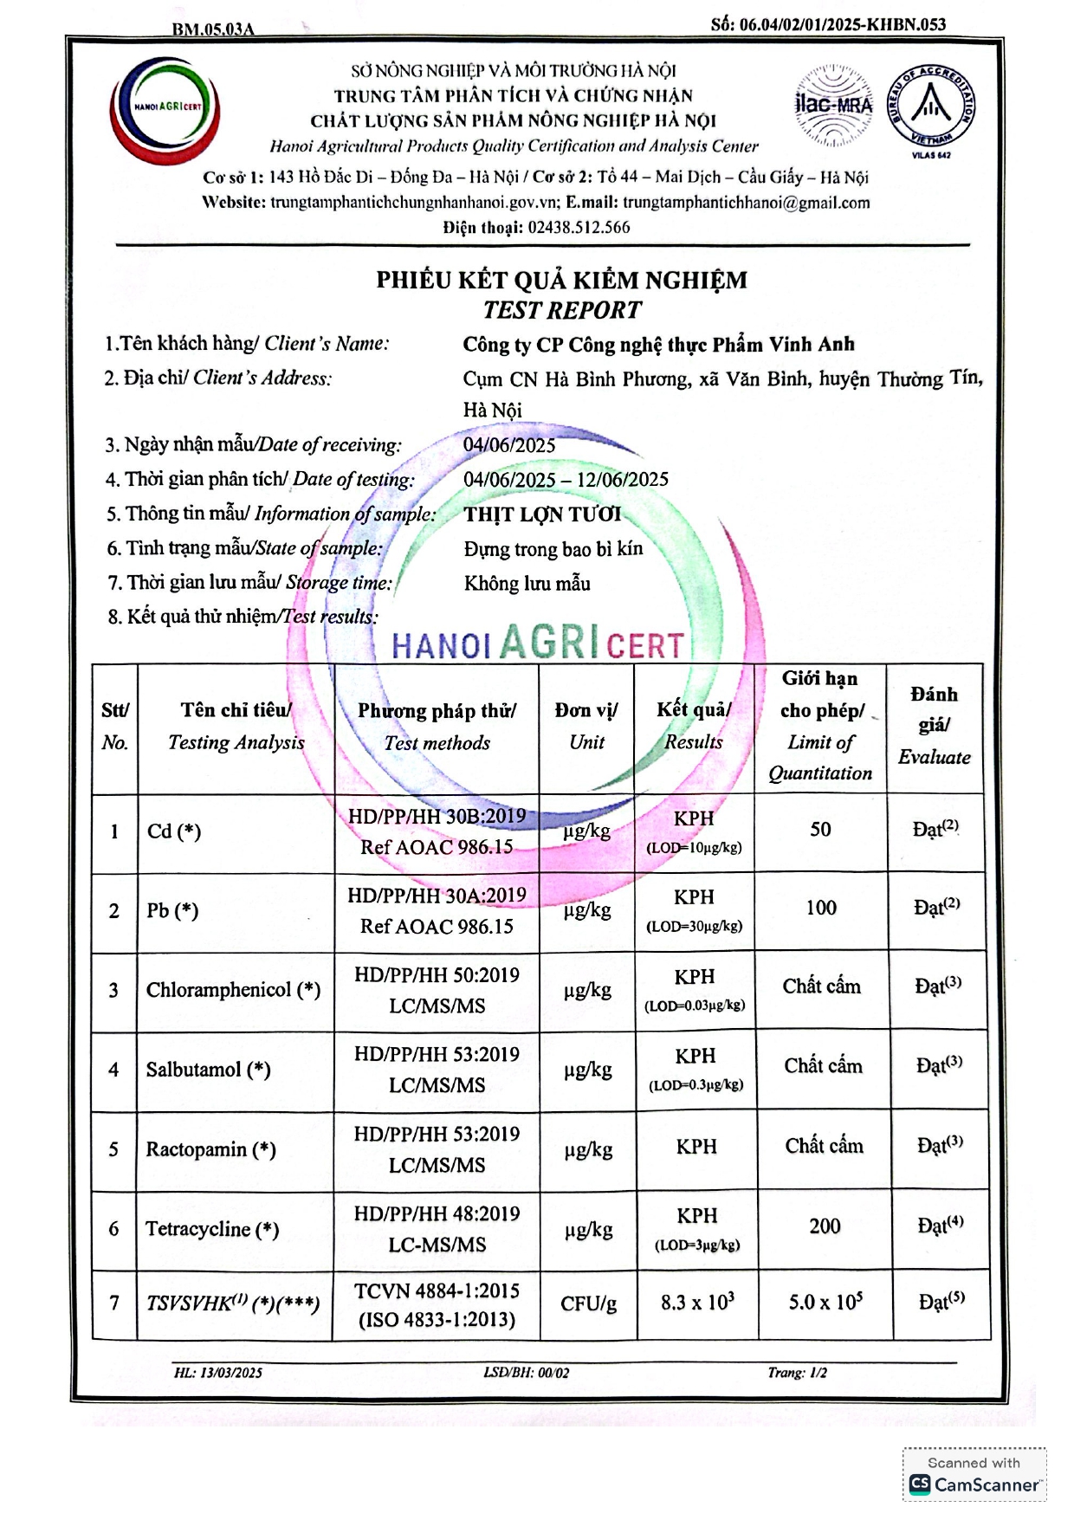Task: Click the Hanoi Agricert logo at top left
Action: point(165,108)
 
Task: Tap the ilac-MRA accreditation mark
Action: point(833,106)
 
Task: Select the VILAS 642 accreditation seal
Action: point(931,110)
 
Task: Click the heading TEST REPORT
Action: point(562,310)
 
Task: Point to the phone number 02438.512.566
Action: point(579,228)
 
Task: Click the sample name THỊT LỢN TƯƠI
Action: point(542,514)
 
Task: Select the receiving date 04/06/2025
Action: point(509,445)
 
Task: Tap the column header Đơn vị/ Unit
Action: point(586,726)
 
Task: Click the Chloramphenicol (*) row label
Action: point(233,990)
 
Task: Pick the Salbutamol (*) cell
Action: point(208,1070)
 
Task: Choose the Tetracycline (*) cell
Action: point(212,1229)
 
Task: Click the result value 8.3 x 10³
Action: point(697,1303)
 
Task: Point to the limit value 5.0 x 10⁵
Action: point(825,1303)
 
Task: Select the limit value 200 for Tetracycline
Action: point(825,1226)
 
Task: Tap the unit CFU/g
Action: point(588,1303)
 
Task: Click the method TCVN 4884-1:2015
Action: point(437,1291)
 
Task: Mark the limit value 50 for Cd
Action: point(820,830)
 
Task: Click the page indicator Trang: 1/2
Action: point(797,1373)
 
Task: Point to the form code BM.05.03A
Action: point(213,29)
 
